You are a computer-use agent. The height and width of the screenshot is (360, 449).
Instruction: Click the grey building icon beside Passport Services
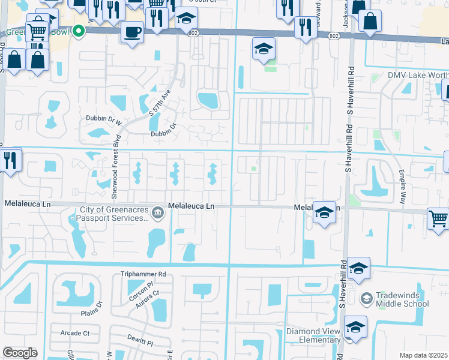[x=157, y=212]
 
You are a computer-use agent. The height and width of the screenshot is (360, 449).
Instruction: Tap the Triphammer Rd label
[x=142, y=274]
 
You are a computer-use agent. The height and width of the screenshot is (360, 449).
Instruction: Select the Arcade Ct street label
[x=74, y=333]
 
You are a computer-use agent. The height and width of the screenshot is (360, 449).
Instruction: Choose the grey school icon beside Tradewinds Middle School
[x=366, y=298]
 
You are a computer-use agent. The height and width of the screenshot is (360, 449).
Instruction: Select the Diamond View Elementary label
[x=313, y=335]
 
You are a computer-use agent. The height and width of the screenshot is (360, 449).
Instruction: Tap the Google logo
[x=20, y=353]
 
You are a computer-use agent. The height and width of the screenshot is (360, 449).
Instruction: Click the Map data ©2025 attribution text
[x=423, y=355]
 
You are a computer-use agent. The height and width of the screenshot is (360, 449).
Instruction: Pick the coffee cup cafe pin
[x=132, y=31]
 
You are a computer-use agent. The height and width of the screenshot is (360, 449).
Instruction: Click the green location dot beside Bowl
[x=77, y=32]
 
